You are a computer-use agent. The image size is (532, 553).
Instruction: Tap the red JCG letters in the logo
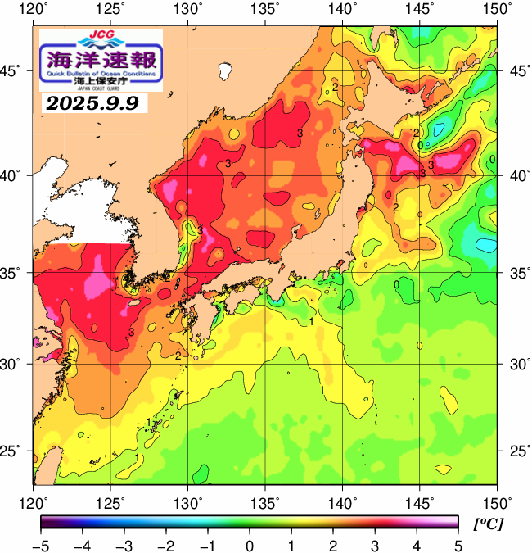pos(101,36)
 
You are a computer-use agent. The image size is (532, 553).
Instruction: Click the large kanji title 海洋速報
pos(101,58)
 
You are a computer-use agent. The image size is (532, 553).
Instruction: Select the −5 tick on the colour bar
pos(42,546)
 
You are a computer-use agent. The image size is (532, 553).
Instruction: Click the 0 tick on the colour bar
pos(249,546)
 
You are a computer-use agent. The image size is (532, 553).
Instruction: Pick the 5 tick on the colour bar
pos(457,546)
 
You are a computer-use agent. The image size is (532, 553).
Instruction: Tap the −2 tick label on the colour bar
pos(166,546)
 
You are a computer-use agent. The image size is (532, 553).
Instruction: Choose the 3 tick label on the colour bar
pos(374,546)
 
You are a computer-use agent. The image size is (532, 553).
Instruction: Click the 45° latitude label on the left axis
pos(16,71)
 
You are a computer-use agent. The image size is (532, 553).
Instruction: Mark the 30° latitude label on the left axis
pos(16,363)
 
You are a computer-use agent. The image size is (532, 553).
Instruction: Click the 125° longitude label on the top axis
pos(111,10)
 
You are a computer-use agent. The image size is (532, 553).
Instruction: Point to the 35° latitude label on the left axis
pos(16,273)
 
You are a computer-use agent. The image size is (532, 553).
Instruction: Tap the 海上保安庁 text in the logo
pos(101,82)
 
